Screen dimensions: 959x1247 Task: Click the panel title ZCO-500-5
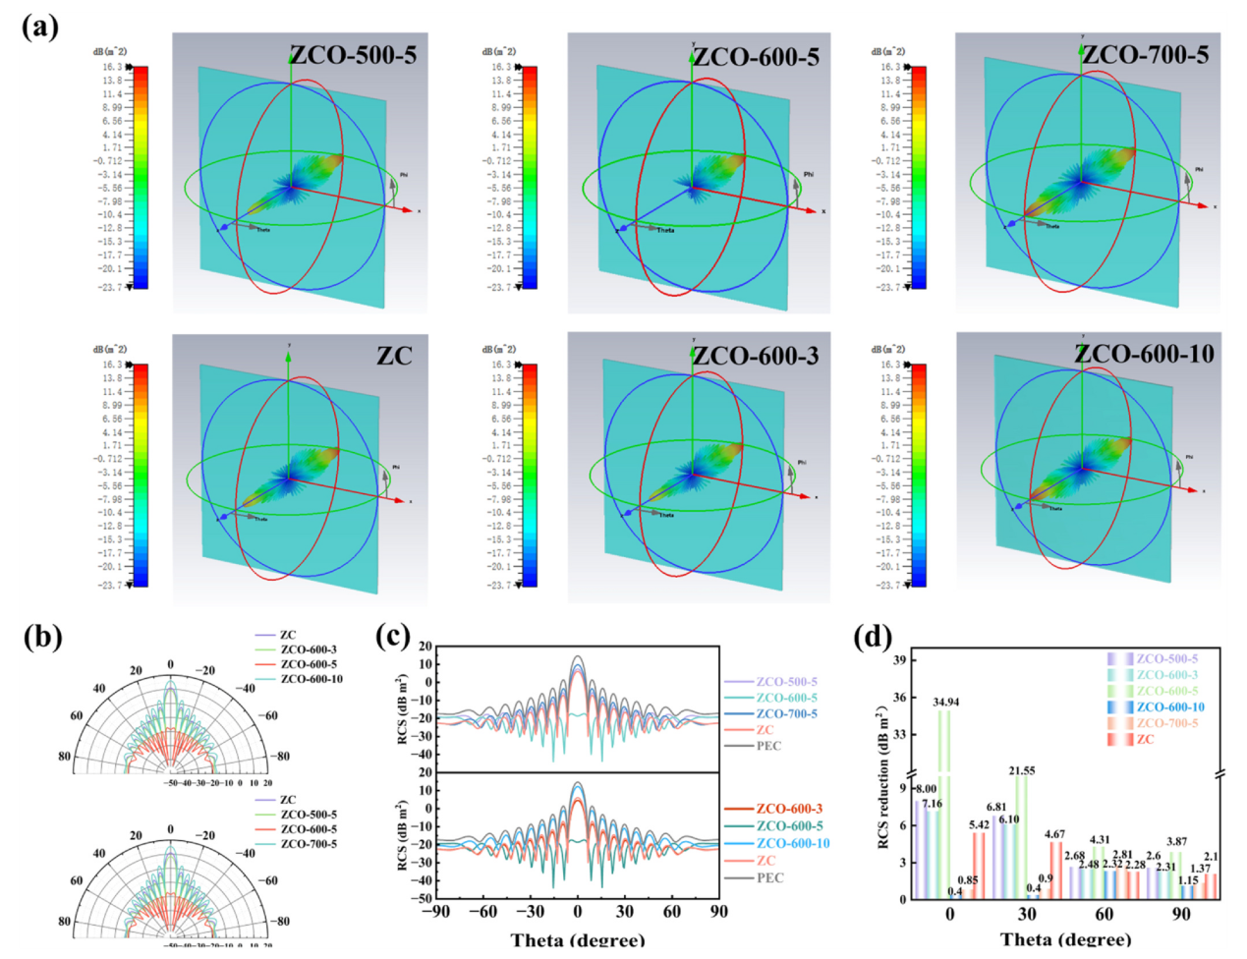[x=353, y=55]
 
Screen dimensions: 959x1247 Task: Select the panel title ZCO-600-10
[x=1144, y=354]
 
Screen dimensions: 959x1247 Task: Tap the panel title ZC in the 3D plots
[x=394, y=356]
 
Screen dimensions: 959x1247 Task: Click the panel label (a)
[x=40, y=27]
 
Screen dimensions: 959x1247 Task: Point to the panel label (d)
[x=873, y=638]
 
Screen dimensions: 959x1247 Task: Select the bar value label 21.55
[x=1022, y=770]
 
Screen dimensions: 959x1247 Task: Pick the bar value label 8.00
[x=926, y=788]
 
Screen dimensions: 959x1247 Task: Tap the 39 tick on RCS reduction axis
[x=899, y=660]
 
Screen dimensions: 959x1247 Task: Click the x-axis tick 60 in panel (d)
[x=1104, y=914]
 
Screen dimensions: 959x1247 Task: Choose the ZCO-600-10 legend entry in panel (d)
[x=1169, y=706]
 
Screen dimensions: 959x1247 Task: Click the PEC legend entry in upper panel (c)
[x=768, y=746]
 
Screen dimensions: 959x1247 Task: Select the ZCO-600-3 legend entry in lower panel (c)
[x=789, y=809]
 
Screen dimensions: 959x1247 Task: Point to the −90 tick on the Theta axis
[x=435, y=911]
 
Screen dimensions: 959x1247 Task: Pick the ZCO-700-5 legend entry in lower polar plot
[x=309, y=844]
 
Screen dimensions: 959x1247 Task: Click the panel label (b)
[x=42, y=638]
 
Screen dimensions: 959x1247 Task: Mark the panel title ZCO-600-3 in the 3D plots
[x=756, y=356]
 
